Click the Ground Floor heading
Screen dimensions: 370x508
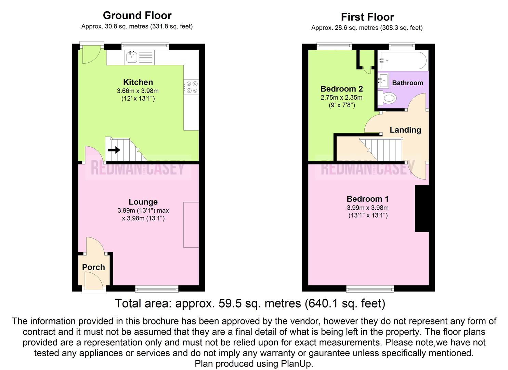[137, 15]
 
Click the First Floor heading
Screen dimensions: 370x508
[367, 17]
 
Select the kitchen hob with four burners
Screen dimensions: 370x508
[191, 87]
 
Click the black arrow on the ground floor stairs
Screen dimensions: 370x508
[114, 150]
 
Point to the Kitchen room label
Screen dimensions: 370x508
[138, 82]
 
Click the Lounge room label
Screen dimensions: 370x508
[143, 202]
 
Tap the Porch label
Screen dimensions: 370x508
[93, 267]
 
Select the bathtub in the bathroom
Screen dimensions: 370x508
[403, 61]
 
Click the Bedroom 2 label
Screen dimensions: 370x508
[341, 89]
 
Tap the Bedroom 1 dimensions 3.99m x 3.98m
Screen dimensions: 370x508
[367, 208]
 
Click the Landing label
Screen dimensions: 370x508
[405, 130]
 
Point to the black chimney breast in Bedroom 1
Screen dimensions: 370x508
[422, 209]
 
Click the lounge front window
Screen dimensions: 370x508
[157, 289]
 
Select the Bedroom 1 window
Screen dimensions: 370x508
[370, 289]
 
